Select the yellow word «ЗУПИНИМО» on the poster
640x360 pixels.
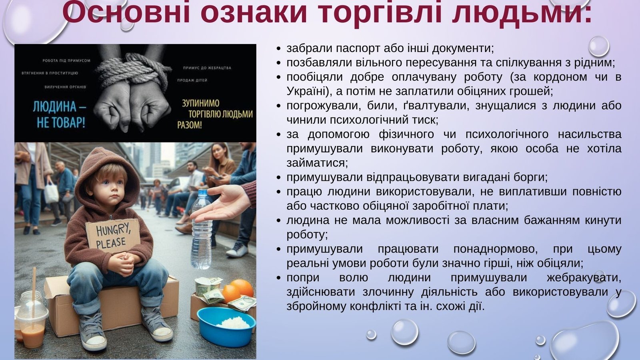click(x=201, y=103)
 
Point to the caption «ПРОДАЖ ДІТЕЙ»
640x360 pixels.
click(x=192, y=80)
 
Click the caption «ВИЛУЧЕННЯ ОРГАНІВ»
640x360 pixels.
click(x=65, y=87)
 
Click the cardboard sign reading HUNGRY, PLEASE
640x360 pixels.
click(x=113, y=236)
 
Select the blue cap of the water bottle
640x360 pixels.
click(x=202, y=193)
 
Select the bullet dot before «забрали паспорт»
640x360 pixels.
click(x=279, y=49)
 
